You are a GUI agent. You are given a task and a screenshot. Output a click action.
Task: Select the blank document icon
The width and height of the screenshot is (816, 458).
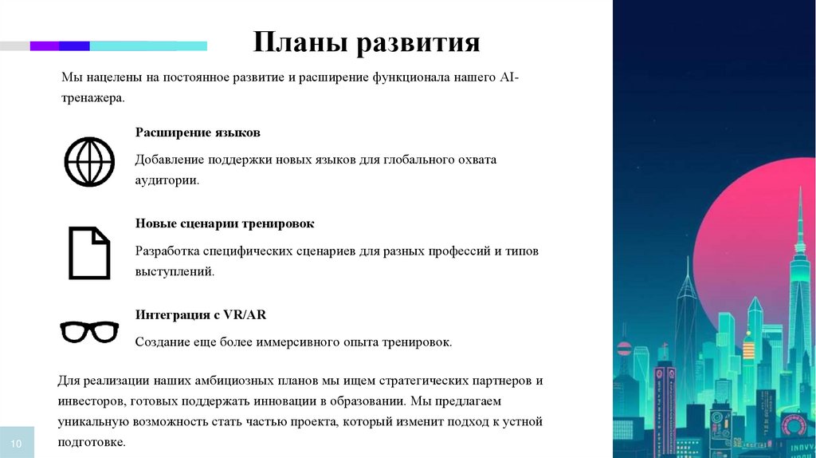(x=88, y=252)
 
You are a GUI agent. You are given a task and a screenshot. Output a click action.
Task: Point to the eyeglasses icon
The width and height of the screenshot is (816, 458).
(x=90, y=330)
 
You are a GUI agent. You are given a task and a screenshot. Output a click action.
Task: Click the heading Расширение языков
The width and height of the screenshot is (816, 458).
(x=198, y=132)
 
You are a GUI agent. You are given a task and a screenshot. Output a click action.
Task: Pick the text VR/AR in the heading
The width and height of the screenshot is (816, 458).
(x=245, y=314)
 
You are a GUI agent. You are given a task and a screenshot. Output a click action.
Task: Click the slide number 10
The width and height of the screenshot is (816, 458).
(x=18, y=443)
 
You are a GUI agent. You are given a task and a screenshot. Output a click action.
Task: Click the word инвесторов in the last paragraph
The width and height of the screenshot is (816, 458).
(x=91, y=401)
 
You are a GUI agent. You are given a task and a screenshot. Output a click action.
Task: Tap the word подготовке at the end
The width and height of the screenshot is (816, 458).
(x=90, y=441)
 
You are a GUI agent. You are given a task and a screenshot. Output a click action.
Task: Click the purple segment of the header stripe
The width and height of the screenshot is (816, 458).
(x=45, y=46)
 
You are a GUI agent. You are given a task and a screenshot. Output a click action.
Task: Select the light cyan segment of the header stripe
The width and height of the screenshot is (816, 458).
(x=148, y=46)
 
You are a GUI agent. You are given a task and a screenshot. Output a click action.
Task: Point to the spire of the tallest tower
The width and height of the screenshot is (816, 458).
(x=799, y=199)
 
